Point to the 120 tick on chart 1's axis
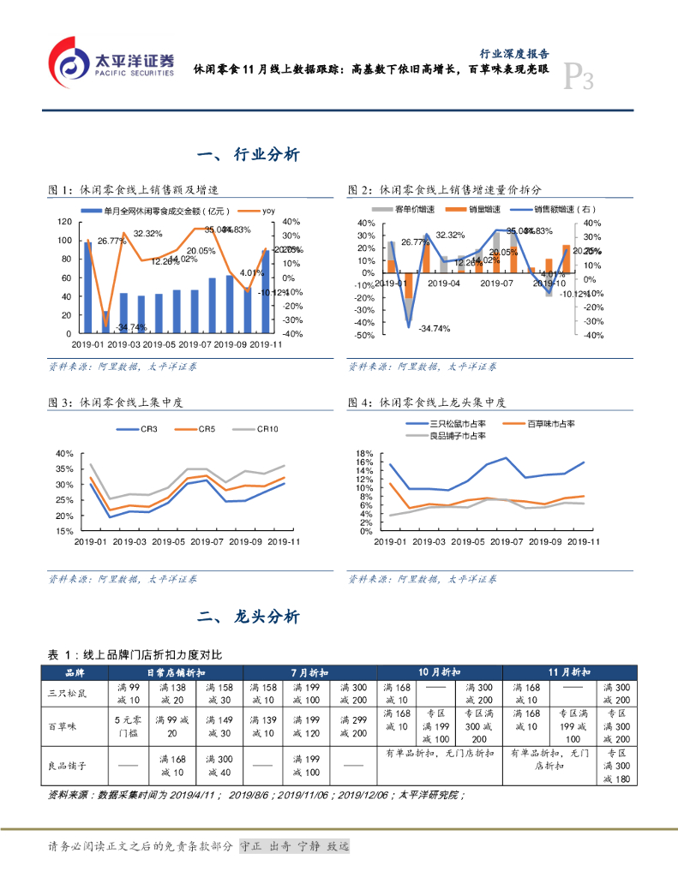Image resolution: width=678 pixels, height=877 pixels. point(64,221)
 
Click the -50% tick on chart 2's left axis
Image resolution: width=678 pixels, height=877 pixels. point(366,336)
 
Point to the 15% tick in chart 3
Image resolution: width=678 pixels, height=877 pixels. point(64,532)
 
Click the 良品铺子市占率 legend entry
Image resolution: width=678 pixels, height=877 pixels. point(446,436)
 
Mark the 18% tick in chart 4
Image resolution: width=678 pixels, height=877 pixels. point(363,453)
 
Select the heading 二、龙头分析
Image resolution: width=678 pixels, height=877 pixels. point(248,617)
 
